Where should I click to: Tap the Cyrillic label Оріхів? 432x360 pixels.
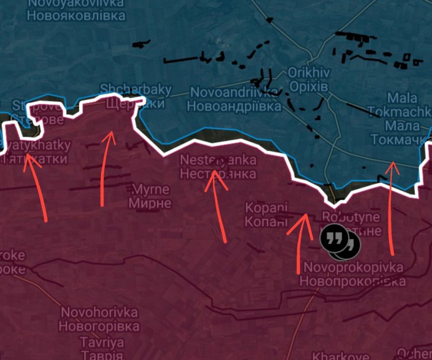[x=309, y=86]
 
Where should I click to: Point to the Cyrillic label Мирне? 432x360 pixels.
[x=150, y=203]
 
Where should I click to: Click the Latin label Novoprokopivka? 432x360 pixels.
[x=353, y=267]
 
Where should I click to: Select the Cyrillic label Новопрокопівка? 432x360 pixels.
[x=352, y=281]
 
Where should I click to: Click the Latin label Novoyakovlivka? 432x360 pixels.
[x=76, y=4]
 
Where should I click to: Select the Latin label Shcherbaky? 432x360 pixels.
[x=136, y=90]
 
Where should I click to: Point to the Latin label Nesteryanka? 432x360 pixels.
[x=218, y=160]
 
